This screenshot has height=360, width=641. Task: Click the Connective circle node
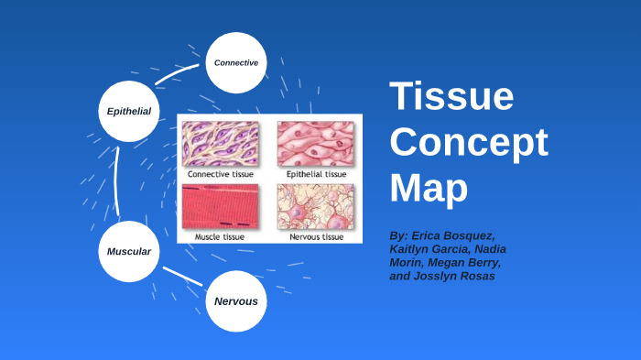coord(236,62)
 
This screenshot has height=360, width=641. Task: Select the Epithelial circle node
coord(128,111)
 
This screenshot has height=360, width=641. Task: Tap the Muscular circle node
coord(128,251)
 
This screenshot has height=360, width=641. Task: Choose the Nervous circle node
coord(236,300)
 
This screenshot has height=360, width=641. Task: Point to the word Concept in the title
coord(469,143)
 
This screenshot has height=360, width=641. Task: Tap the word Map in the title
coord(429,187)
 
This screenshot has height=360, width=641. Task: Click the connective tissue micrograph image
coord(220,143)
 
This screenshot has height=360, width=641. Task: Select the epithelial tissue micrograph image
coord(315,143)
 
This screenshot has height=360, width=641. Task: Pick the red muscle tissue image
coord(220,207)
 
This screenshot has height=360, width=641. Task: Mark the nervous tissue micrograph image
coord(315,207)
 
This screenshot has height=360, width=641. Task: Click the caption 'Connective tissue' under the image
coord(221,173)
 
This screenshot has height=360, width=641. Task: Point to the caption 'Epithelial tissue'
coord(316,173)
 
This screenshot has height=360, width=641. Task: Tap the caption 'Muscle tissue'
coord(220,236)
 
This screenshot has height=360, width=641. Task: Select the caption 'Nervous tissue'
coord(316,236)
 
